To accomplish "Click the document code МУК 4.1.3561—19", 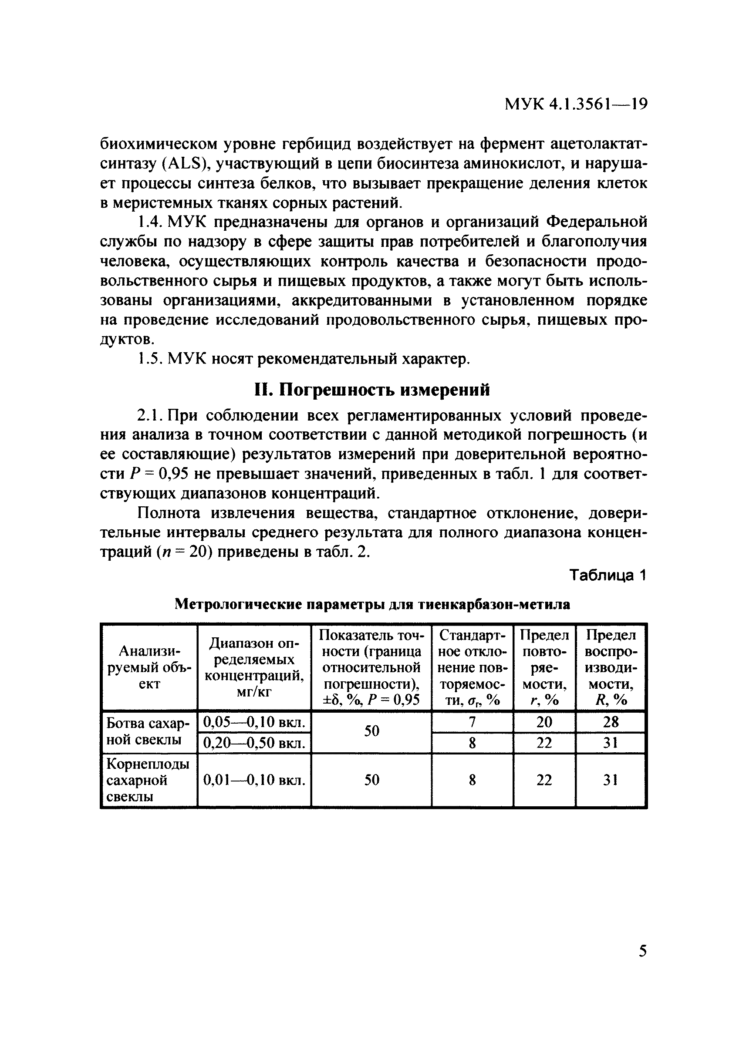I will coord(576,104).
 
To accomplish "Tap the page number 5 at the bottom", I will coord(643,950).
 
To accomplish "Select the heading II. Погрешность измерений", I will coord(372,390).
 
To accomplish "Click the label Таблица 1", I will coord(608,575).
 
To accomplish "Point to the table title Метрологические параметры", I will coord(372,604).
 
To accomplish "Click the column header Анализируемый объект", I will coord(149,667).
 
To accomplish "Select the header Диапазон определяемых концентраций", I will coord(254,667).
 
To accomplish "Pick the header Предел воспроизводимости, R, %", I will coord(611,667).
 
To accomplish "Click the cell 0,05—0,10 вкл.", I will coord(254,722).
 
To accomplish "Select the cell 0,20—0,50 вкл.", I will coord(254,743).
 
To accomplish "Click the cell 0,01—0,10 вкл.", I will coord(254,780).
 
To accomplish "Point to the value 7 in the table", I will coord(472,722).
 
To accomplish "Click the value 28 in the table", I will coord(611,722).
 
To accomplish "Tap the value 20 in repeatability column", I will coord(544,722).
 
